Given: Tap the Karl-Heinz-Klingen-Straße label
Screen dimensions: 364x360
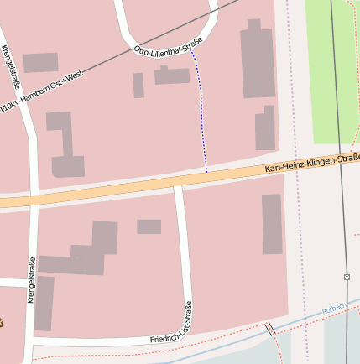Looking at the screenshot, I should click(311, 163).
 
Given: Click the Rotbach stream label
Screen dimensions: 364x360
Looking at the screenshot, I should click(333, 309).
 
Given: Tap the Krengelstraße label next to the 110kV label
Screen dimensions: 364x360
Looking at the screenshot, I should click(11, 67).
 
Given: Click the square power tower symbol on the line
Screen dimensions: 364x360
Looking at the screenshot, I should click(347, 276).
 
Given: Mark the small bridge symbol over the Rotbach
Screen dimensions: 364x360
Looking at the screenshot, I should click(270, 329).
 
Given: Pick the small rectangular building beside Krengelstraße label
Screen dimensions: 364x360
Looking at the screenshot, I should click(40, 62).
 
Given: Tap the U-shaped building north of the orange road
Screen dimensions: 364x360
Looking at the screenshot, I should click(64, 147).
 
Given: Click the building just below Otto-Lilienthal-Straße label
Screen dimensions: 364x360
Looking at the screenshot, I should click(172, 75).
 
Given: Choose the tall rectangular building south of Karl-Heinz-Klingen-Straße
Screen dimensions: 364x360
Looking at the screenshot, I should click(272, 223).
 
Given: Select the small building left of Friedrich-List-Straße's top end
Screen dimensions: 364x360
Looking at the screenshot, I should click(149, 226).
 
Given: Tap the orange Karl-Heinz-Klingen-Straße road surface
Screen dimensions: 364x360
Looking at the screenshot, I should click(126, 190).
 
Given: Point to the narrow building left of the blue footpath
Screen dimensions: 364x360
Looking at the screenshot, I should click(138, 86).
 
